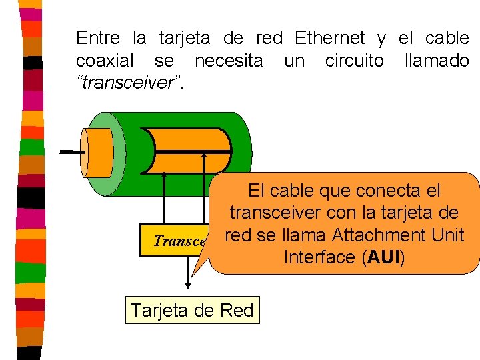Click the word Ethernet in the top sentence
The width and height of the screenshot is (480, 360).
click(x=329, y=38)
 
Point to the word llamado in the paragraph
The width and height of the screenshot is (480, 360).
click(x=437, y=61)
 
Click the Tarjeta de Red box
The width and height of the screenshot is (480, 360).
click(x=192, y=311)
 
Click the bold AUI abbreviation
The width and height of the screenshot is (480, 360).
click(x=382, y=258)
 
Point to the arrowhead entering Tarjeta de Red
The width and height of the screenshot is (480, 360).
click(x=189, y=289)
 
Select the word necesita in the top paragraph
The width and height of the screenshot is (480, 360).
click(x=228, y=61)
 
